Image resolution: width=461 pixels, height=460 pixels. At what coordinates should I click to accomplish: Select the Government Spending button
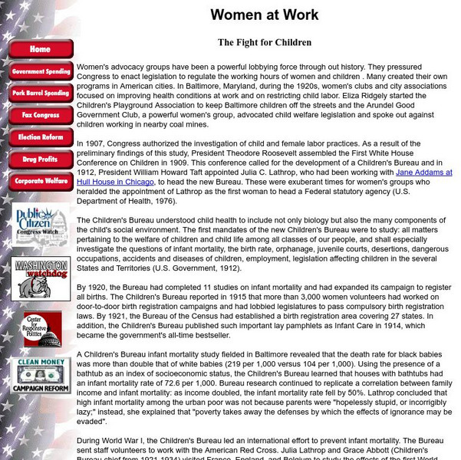41,71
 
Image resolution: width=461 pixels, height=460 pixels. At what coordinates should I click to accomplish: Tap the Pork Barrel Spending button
41,94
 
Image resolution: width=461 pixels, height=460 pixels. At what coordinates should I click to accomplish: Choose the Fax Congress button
41,116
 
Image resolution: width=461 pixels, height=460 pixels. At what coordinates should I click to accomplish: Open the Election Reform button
41,138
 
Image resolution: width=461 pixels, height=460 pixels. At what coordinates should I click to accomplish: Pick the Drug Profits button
41,160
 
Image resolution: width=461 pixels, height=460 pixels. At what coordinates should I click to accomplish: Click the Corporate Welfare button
41,182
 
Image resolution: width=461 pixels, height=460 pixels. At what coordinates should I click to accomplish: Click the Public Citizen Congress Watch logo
39,225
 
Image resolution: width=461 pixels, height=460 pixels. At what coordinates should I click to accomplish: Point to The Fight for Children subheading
264,43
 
